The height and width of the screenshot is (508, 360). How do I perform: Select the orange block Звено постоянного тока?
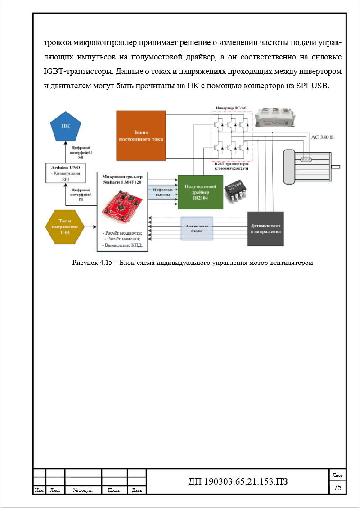pos(141,136)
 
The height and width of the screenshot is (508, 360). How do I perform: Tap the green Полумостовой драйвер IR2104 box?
pos(200,192)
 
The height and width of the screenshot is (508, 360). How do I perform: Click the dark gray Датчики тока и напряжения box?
pos(265,228)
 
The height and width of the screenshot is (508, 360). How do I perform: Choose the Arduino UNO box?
pos(66,173)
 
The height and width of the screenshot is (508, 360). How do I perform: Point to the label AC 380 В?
pos(322,138)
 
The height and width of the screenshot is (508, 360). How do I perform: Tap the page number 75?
pos(337,488)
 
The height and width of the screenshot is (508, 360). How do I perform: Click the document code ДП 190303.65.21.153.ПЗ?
pos(238,482)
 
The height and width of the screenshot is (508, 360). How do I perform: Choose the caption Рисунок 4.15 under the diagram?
pos(193,263)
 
